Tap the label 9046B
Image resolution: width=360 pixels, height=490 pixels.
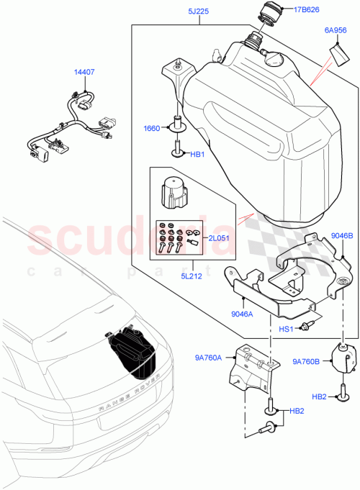click(x=342, y=235)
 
